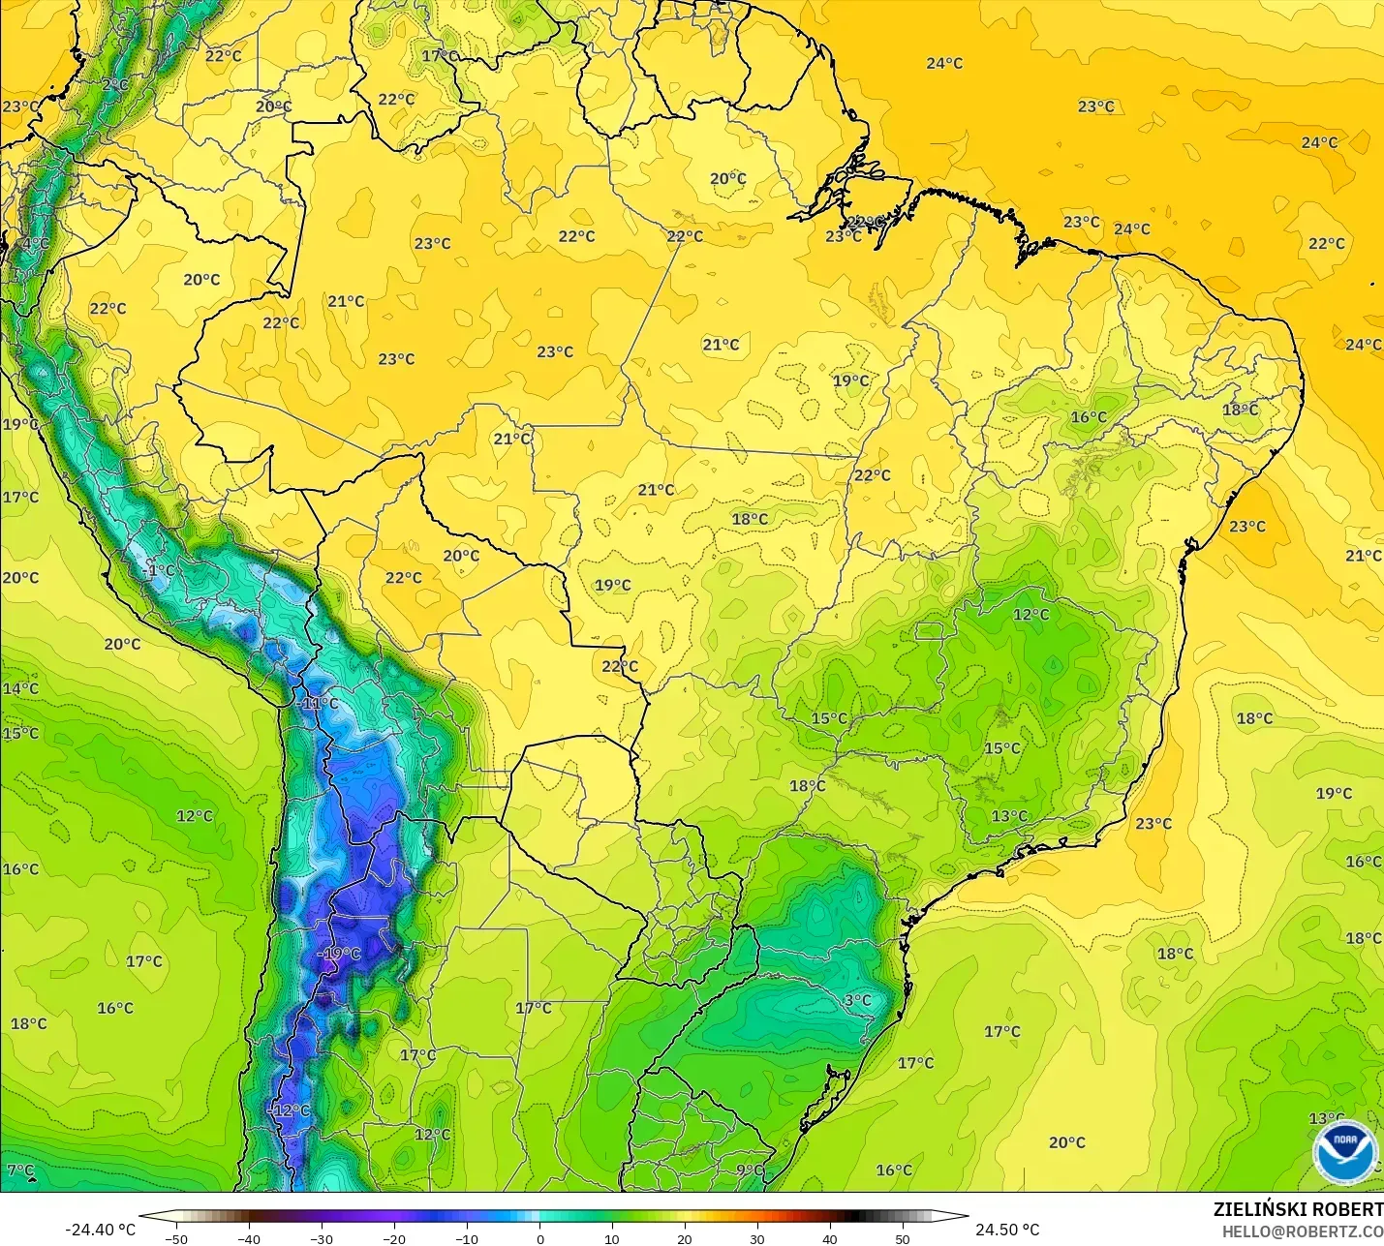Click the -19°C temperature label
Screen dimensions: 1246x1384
tap(340, 954)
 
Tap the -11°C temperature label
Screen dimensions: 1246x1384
tap(319, 703)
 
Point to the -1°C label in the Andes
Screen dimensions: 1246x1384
tap(159, 571)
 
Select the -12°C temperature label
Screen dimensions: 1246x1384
tap(290, 1110)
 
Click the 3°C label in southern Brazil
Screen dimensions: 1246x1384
tap(857, 1000)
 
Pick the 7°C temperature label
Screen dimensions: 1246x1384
tap(20, 1170)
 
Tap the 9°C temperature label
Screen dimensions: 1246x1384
tap(750, 1170)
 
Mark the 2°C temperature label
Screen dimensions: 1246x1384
tap(115, 85)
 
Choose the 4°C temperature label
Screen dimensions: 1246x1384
tap(35, 243)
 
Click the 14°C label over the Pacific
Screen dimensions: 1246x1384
tap(20, 688)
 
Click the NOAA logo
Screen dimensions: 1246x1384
tap(1345, 1151)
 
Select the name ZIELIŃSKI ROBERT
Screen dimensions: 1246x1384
tap(1298, 1210)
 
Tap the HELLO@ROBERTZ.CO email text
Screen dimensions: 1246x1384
tap(1302, 1231)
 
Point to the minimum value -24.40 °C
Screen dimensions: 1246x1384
tap(100, 1230)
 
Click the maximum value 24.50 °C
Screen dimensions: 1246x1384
tap(1007, 1230)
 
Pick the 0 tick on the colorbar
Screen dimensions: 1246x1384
tap(539, 1238)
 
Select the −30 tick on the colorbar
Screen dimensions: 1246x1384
tap(322, 1238)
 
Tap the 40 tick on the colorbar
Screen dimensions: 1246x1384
tap(830, 1238)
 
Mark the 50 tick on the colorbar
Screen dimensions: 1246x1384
tap(903, 1238)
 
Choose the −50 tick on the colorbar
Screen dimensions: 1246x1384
tap(176, 1238)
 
